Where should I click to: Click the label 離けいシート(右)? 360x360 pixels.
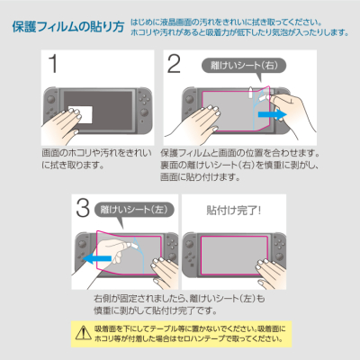pyautogui.click(x=233, y=65)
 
